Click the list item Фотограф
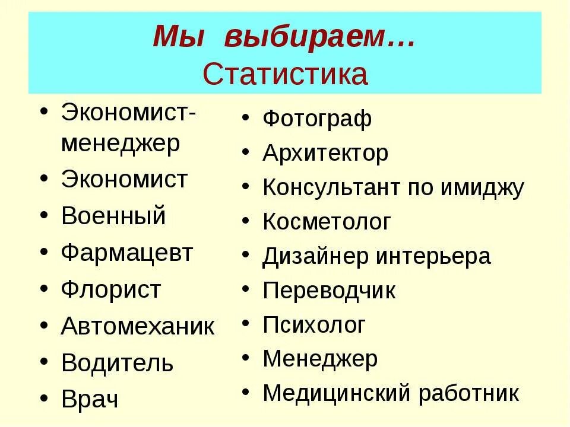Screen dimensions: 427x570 tap(317, 119)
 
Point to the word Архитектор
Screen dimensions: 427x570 tap(325, 154)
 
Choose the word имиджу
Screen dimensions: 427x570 tap(482, 189)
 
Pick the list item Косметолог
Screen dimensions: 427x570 tap(327, 222)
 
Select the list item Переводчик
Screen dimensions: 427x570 tap(329, 291)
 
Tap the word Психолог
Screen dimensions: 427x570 tap(314, 325)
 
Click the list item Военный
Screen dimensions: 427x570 tap(113, 216)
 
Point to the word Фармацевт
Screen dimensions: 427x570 tap(127, 253)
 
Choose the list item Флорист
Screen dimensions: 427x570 tap(111, 290)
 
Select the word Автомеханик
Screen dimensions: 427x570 tap(138, 326)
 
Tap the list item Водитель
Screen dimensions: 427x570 tap(117, 363)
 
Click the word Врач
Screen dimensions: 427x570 tap(90, 399)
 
